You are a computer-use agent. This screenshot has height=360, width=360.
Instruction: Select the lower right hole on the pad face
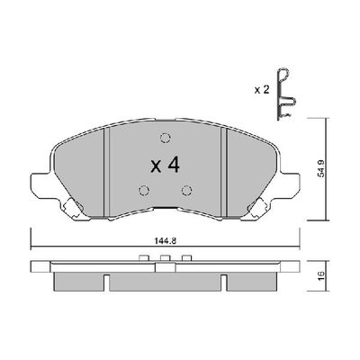185,190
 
